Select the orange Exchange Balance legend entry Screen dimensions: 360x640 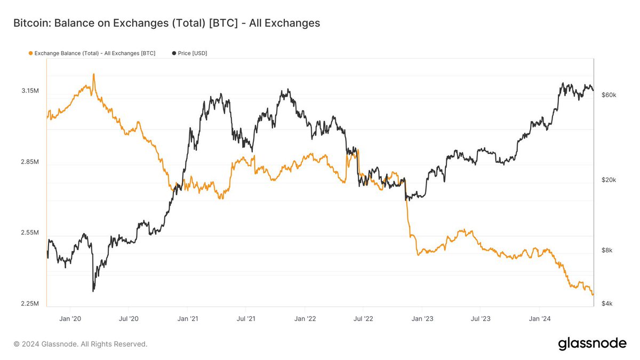point(91,53)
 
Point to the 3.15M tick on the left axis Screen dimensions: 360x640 point(30,91)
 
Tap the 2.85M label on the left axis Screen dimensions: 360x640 point(30,162)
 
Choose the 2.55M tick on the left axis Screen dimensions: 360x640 point(30,233)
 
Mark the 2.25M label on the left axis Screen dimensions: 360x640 point(30,304)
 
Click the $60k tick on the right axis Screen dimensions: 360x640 point(609,95)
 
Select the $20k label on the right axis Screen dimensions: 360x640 point(609,180)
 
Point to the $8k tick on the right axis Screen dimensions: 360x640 point(607,251)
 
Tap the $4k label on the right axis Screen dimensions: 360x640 point(607,304)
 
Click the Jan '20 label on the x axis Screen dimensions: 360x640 point(70,319)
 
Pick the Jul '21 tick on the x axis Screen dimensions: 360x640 point(245,319)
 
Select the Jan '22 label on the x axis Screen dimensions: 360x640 point(305,319)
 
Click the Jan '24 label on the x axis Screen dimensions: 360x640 point(539,319)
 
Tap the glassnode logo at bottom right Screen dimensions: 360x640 point(592,344)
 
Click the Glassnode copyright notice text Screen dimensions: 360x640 point(81,345)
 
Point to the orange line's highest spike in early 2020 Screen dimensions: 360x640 point(94,75)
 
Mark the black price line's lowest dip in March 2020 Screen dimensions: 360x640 point(93,290)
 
